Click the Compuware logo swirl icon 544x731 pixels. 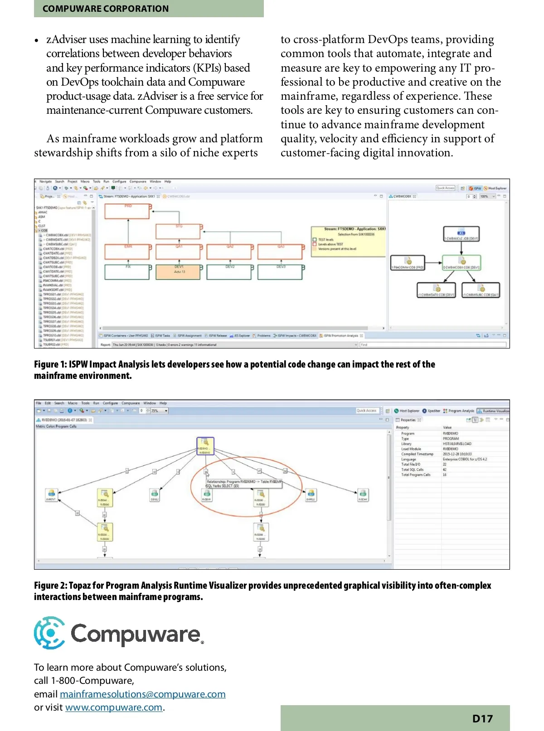49,633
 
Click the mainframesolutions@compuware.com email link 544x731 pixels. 142,694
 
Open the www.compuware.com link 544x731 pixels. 114,707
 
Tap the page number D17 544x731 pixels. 482,719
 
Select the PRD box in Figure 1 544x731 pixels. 127,211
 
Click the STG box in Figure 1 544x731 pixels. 178,231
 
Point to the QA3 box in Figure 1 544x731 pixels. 280,252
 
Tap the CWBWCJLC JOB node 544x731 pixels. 461,234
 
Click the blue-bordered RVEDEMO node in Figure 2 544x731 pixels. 205,446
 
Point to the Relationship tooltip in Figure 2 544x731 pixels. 244,484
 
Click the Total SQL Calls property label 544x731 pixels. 412,470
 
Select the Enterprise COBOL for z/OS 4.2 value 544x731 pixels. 465,459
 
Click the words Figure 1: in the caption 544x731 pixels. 50,364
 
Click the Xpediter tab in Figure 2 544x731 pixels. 433,411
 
